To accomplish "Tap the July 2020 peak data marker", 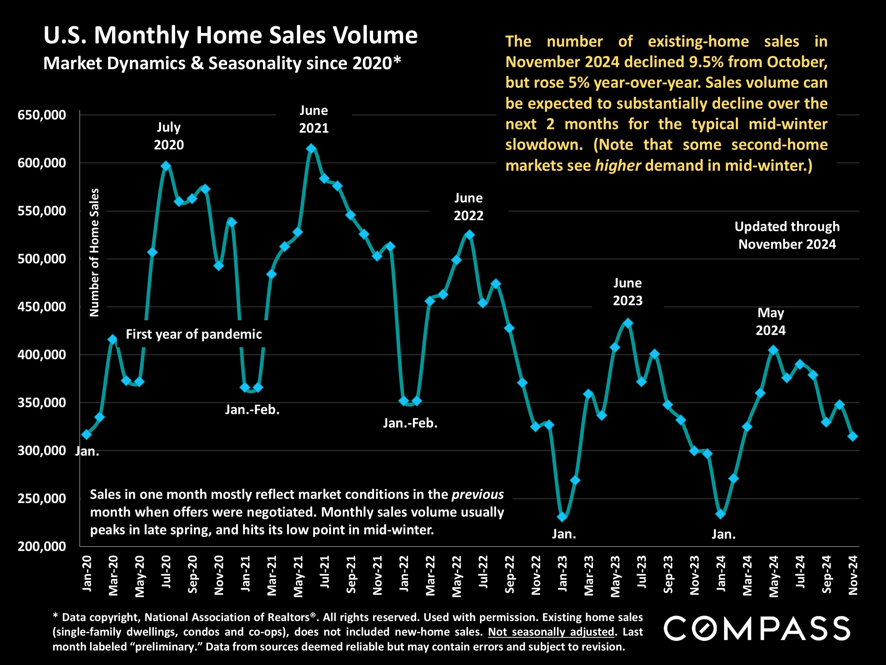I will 166,166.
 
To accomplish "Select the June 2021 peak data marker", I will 311,149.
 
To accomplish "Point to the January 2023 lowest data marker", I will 562,517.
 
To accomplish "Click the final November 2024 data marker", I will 853,436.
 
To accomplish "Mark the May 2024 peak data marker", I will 773,350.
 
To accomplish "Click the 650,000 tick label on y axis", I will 42,115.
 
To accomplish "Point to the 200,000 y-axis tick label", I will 42,546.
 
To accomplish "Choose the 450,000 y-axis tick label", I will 42,307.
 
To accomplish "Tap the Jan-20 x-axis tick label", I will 87,573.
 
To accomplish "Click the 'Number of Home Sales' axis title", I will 94,253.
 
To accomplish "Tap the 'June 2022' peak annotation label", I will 468,207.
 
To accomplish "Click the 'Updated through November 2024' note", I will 787,235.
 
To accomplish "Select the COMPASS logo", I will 757,628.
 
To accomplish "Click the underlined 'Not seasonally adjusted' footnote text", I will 551,632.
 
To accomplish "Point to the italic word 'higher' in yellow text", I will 618,166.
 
